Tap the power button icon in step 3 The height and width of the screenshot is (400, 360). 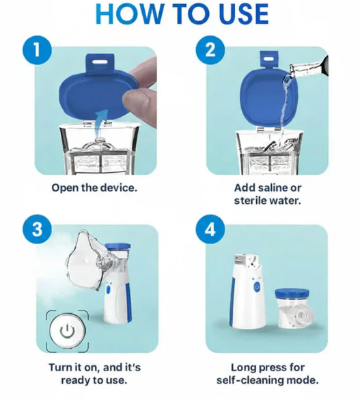point(67,331)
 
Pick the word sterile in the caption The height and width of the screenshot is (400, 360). point(253,200)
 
